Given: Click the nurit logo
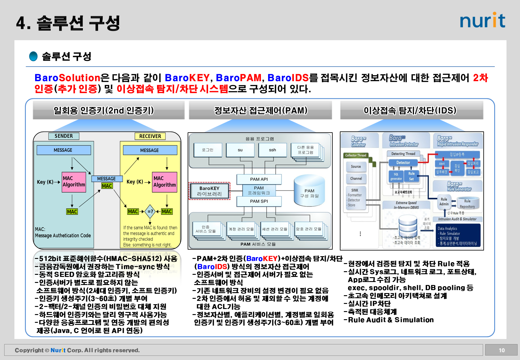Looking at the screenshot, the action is pyautogui.click(x=482, y=20).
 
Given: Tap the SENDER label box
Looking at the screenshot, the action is pyautogui.click(x=64, y=136).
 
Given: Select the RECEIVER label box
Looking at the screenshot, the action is pyautogui.click(x=150, y=136).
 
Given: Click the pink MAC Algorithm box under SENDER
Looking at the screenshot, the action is pyautogui.click(x=74, y=181).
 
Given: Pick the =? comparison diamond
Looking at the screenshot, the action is pyautogui.click(x=150, y=211).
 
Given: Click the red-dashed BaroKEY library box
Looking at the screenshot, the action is pyautogui.click(x=209, y=191).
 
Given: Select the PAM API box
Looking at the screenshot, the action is pyautogui.click(x=259, y=179).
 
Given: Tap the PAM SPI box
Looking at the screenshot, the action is pyautogui.click(x=259, y=201).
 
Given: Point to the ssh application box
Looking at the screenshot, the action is pyautogui.click(x=272, y=150).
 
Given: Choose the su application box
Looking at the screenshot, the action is pyautogui.click(x=240, y=150).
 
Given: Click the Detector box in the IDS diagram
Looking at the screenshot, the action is pyautogui.click(x=403, y=163).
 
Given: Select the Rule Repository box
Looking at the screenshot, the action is pyautogui.click(x=467, y=204).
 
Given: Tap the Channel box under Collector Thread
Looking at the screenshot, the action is pyautogui.click(x=356, y=178).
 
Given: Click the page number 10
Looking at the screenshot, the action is pyautogui.click(x=502, y=350).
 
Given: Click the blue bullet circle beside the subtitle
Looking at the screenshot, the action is pyautogui.click(x=33, y=56).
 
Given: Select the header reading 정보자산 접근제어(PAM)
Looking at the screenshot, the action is pyautogui.click(x=261, y=110).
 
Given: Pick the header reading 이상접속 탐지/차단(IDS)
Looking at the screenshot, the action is pyautogui.click(x=410, y=110).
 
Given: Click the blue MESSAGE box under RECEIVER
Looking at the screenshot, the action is pyautogui.click(x=150, y=150).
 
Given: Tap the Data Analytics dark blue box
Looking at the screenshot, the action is pyautogui.click(x=458, y=236).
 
